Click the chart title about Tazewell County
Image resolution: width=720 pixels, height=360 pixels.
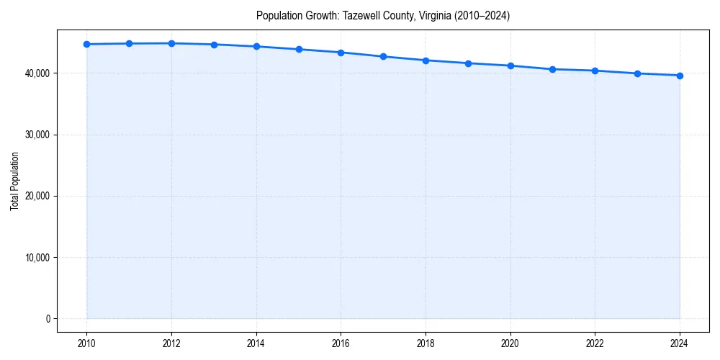(382, 16)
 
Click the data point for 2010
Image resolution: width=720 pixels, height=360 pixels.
(86, 44)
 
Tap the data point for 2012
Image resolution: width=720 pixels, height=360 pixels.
(171, 43)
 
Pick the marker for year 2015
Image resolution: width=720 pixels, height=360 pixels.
(299, 49)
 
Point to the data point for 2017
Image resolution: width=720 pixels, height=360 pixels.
(383, 56)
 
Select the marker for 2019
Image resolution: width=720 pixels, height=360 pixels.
(468, 63)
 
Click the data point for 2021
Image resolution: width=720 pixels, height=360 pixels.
(552, 69)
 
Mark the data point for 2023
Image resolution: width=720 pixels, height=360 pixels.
(637, 73)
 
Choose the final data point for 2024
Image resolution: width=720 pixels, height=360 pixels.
(680, 76)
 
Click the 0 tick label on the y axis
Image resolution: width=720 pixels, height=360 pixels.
(47, 319)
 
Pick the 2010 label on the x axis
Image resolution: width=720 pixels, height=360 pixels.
(86, 343)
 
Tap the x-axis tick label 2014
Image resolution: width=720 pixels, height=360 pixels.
(256, 343)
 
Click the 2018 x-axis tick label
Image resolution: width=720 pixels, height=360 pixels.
(426, 343)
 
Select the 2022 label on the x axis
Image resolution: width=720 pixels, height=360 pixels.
(595, 343)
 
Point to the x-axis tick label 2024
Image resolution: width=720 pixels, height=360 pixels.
(680, 343)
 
